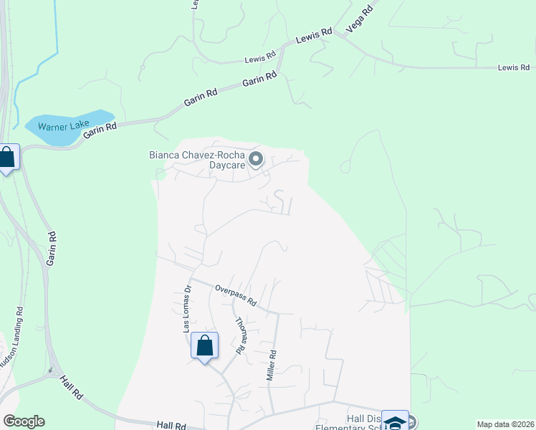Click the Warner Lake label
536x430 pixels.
[x=62, y=127]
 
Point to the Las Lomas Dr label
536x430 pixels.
[x=188, y=309]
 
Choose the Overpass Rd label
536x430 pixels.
[x=236, y=295]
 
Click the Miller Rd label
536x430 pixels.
[x=272, y=365]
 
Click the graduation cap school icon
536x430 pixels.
[x=395, y=422]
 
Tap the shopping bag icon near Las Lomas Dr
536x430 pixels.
[x=204, y=346]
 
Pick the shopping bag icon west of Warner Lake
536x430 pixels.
[x=7, y=158]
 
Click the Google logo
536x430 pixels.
[x=24, y=421]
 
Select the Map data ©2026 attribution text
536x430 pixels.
[x=504, y=424]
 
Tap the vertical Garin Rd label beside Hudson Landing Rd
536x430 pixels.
[x=51, y=249]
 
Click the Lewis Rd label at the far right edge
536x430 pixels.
[x=513, y=67]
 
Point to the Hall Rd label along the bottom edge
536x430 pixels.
[x=171, y=426]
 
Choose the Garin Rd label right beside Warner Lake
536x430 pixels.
[x=100, y=130]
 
